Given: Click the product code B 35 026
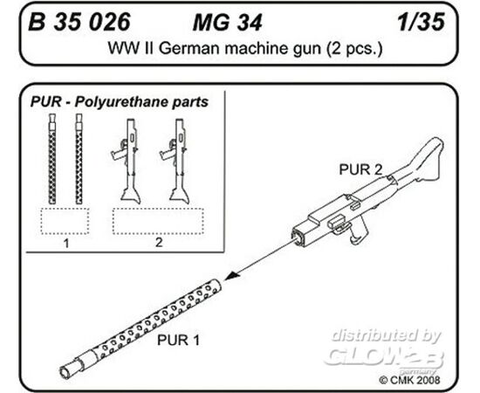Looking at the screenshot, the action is point(79,22).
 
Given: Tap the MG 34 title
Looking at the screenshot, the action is point(228,23).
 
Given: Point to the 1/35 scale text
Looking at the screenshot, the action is point(422,22).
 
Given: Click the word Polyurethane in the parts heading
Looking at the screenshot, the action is point(122,102).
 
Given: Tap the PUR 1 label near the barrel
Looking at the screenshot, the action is point(178,340).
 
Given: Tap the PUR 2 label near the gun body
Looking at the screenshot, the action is point(360,169).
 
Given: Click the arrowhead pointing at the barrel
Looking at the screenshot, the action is point(231,275).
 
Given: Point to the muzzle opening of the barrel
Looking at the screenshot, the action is point(65,371).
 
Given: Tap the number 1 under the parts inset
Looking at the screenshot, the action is point(66,244).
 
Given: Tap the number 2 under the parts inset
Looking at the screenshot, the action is point(159,242).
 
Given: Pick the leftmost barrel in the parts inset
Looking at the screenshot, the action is point(52,159).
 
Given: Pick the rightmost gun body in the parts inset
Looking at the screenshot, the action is point(176,161).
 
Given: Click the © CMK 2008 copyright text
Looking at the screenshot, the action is point(409,380).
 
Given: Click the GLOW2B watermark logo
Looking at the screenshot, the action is point(384,356).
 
